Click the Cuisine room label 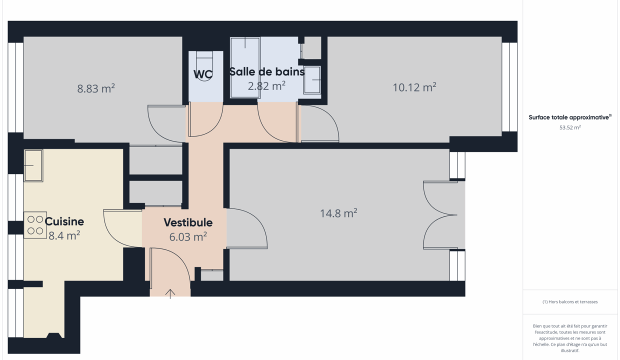pos(64,221)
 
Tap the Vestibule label pos(188,222)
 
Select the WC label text pos(203,74)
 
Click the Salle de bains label pos(267,71)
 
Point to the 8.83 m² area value pos(96,88)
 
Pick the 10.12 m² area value pos(414,87)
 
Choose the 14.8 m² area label pos(338,213)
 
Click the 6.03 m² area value pos(188,236)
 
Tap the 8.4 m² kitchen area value pos(64,235)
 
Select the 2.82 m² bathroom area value pos(266,86)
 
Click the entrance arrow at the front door pos(170,294)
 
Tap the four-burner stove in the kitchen pos(35,225)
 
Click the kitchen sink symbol pos(33,165)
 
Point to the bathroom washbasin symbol pos(312,79)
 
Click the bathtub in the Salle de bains pos(245,68)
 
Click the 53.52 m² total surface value pos(570,127)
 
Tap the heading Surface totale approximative pos(569,117)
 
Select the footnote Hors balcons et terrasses pos(570,301)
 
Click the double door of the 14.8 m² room pos(440,215)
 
